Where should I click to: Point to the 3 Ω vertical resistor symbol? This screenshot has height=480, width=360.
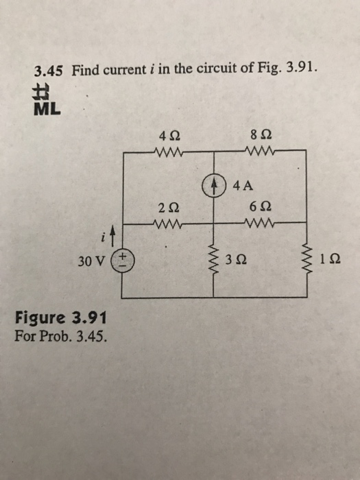point(213,259)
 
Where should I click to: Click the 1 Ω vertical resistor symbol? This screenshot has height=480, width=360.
point(306,259)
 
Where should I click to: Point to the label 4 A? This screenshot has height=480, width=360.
point(241,186)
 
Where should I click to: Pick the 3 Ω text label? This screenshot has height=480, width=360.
point(235,260)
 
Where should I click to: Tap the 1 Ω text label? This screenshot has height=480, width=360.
point(328,260)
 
